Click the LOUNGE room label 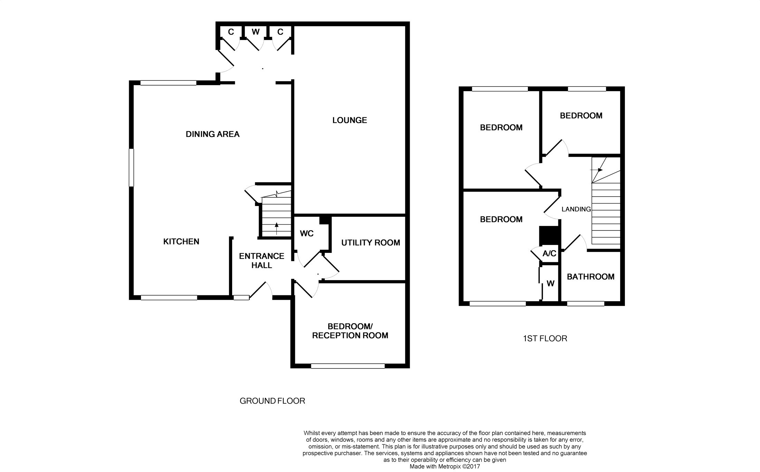(x=350, y=120)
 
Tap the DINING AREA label (x=212, y=134)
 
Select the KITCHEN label (x=181, y=242)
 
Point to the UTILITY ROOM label (x=370, y=243)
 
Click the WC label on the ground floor (x=306, y=234)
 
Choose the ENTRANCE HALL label (x=262, y=260)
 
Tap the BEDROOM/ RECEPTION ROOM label (x=350, y=331)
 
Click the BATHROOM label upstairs (x=590, y=277)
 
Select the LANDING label (x=576, y=209)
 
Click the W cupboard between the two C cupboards (x=255, y=32)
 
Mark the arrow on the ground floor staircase (x=276, y=228)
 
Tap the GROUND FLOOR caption (x=272, y=401)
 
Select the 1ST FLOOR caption (x=545, y=338)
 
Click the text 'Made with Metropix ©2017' (x=445, y=466)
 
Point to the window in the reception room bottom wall (x=348, y=366)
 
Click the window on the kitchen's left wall (x=131, y=168)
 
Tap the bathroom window (x=586, y=304)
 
